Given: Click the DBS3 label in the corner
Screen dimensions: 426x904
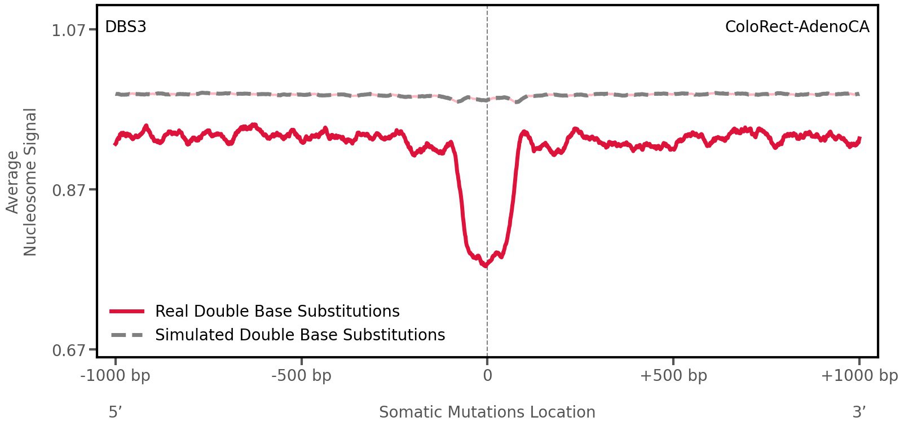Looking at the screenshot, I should coord(126,27).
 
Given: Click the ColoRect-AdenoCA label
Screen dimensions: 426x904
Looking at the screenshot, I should coord(797,27).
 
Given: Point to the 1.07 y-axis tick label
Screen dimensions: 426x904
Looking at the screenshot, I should coord(68,30).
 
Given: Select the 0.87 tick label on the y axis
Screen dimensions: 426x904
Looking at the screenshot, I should coord(68,190).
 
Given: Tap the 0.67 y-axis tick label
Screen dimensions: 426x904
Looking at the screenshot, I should coord(68,351).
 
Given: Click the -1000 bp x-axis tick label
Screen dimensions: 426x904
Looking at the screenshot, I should coord(116,376).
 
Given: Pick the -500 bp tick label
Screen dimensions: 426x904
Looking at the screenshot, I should coord(301,376).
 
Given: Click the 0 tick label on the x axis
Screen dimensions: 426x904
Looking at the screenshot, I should coord(487,376).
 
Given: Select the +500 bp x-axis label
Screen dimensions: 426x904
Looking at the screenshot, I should coord(673,376).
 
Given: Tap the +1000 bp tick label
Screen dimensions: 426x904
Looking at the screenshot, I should coord(859,376).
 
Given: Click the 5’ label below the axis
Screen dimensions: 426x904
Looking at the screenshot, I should coord(116,412).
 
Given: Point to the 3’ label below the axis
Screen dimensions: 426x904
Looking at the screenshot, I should coord(859,412).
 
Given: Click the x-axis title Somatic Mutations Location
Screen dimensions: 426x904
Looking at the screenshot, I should coord(487,412).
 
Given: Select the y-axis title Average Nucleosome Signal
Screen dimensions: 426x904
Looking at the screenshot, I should coord(21,182).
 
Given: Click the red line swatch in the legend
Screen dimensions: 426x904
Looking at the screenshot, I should coord(127,311).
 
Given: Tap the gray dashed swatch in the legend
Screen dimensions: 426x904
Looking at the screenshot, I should coord(127,335).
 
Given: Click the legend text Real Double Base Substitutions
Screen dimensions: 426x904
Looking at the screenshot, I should coord(277,312).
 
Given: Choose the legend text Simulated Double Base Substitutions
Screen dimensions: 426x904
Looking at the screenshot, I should coord(300,335).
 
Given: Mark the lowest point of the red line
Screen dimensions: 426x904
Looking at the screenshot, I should coord(485,265).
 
